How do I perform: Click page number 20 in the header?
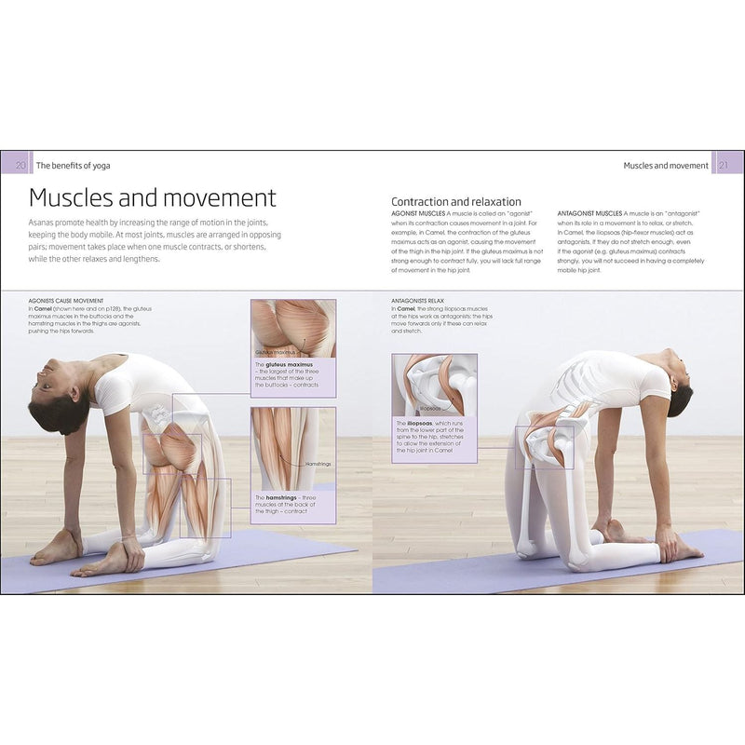pyautogui.click(x=20, y=166)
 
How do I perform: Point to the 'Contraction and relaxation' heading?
pyautogui.click(x=455, y=202)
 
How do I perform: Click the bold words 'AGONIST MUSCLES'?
pyautogui.click(x=420, y=213)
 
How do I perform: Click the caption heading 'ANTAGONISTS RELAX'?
pyautogui.click(x=425, y=301)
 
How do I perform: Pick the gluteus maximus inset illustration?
pyautogui.click(x=293, y=328)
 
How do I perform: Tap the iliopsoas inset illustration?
pyautogui.click(x=434, y=385)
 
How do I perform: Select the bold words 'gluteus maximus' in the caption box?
pyautogui.click(x=289, y=365)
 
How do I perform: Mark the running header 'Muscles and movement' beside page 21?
pyautogui.click(x=665, y=166)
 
